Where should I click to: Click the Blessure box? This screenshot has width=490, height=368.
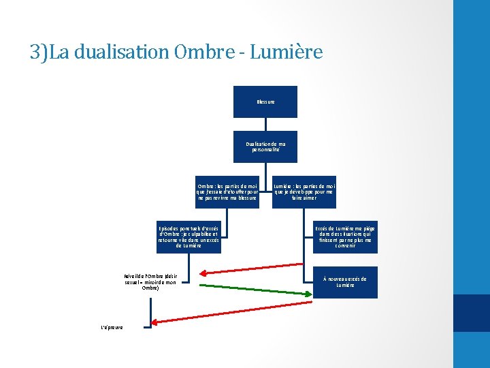click(265, 102)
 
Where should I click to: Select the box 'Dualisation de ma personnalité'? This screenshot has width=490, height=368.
click(265, 146)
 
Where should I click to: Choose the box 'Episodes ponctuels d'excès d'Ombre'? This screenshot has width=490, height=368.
click(189, 236)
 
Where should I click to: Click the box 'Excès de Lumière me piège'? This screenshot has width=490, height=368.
click(344, 236)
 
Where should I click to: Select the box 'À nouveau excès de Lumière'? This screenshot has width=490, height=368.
click(344, 281)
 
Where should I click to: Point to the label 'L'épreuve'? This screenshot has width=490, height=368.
click(112, 328)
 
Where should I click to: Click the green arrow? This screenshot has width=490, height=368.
click(252, 289)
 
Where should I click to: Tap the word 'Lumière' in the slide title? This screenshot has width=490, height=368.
click(286, 52)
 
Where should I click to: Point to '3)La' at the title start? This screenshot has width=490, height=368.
click(49, 52)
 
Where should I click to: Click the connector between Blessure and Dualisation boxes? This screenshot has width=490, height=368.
click(265, 124)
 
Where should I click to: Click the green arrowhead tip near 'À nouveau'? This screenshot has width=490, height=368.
click(310, 294)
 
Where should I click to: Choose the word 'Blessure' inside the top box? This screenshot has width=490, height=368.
click(265, 102)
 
